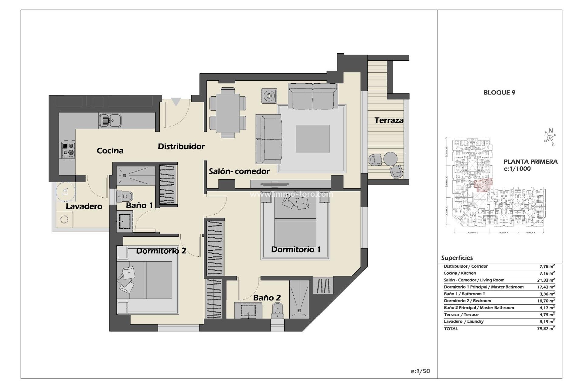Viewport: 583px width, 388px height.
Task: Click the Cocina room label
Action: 110,151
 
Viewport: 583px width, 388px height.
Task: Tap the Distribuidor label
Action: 181,146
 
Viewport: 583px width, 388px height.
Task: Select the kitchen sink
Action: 110,120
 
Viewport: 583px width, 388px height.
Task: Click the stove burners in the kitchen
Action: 68,149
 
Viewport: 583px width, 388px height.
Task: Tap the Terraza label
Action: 389,120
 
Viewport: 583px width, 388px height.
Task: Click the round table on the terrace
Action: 390,159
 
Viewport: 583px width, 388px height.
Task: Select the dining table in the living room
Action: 227,112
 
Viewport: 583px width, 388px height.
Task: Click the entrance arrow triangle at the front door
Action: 176,102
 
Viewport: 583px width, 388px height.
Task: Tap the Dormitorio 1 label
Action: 296,249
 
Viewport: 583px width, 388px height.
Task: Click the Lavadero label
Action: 84,206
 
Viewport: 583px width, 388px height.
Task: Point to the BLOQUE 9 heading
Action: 499,92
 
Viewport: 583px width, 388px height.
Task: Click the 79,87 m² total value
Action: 546,329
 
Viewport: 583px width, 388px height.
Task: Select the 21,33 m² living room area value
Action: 546,280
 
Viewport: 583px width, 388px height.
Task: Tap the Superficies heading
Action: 457,258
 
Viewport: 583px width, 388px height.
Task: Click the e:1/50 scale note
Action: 420,371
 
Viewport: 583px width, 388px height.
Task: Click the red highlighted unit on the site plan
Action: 482,185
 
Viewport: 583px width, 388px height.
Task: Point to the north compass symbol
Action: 550,137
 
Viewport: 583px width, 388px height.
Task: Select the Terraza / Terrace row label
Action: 461,315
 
